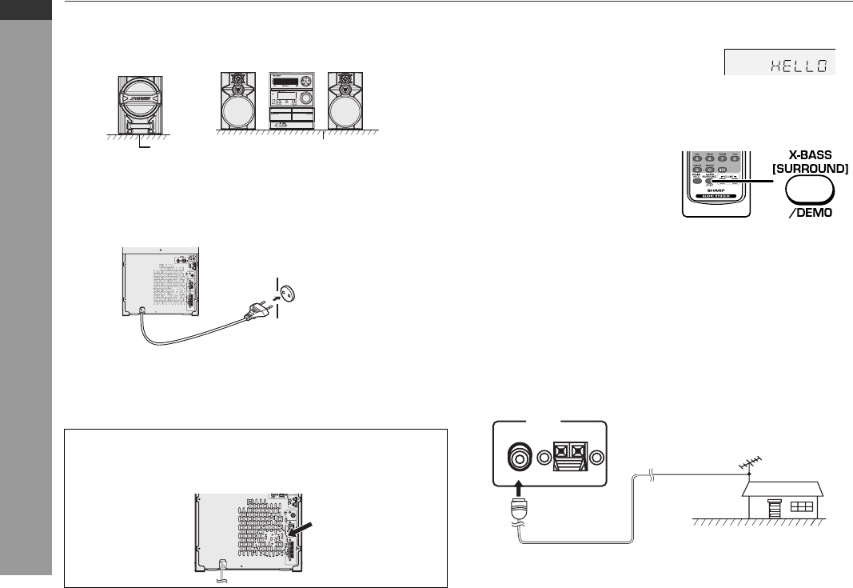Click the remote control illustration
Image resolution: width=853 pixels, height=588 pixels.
pyautogui.click(x=717, y=182)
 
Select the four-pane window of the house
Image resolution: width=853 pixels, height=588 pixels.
pyautogui.click(x=799, y=507)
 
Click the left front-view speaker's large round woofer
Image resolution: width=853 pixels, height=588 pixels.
pyautogui.click(x=240, y=111)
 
